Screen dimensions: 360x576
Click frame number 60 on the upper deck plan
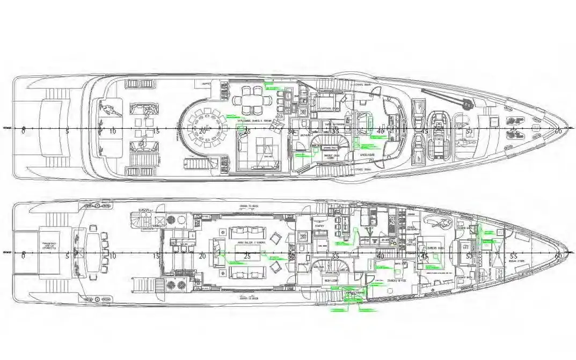558,131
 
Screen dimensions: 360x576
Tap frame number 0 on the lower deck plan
23,256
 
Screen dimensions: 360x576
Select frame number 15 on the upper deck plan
156,131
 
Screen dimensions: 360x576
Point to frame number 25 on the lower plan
247,256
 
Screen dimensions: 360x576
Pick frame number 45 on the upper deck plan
424,131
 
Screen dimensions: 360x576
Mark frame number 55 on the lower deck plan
514,256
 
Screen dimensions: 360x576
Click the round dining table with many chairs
203,127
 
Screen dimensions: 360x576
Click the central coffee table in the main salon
247,252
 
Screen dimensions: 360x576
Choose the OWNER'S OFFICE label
390,281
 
